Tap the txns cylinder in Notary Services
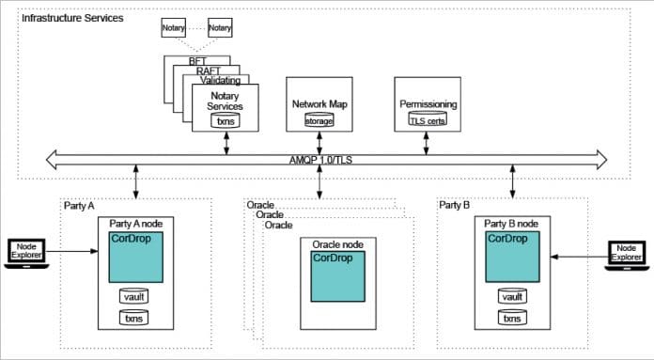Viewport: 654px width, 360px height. (x=226, y=121)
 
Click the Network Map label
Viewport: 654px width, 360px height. (x=319, y=103)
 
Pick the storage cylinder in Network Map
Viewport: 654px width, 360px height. (x=319, y=120)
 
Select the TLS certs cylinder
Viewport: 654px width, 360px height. (x=428, y=120)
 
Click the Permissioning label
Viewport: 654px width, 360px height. (x=428, y=103)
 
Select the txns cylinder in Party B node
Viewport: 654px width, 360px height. (x=512, y=319)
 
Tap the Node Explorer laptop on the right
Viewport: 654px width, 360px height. (x=625, y=253)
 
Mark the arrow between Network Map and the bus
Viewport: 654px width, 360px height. (x=319, y=141)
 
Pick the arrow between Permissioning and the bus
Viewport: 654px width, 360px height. (x=428, y=141)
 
